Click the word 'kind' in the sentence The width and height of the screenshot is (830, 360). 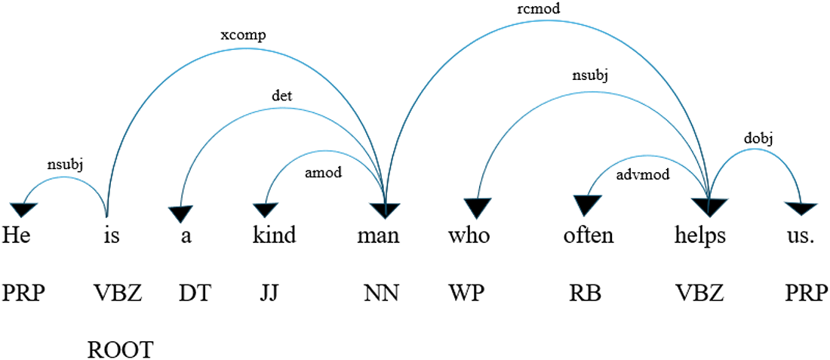coord(274,236)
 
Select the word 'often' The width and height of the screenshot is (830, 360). coord(589,236)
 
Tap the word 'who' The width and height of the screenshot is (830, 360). coord(469,236)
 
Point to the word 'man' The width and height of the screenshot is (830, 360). coord(378,236)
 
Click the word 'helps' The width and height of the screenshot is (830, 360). coord(700,236)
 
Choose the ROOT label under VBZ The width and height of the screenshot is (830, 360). coord(121,349)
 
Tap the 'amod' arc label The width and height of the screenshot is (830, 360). coord(324,171)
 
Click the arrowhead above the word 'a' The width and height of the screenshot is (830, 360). coord(180,212)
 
